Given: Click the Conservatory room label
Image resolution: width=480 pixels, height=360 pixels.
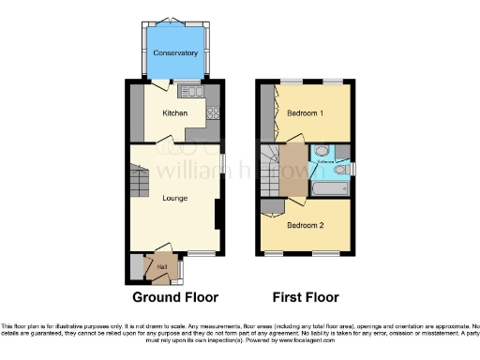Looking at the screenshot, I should [176, 52].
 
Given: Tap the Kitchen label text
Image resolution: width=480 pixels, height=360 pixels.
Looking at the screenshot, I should [175, 113].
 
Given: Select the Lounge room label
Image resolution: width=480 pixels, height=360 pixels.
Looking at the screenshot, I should [174, 198].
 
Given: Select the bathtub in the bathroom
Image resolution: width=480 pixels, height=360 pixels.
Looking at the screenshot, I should [329, 190].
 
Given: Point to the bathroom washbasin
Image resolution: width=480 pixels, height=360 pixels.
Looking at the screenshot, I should [322, 153].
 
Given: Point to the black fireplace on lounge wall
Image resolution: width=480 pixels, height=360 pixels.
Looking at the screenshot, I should [217, 216].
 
